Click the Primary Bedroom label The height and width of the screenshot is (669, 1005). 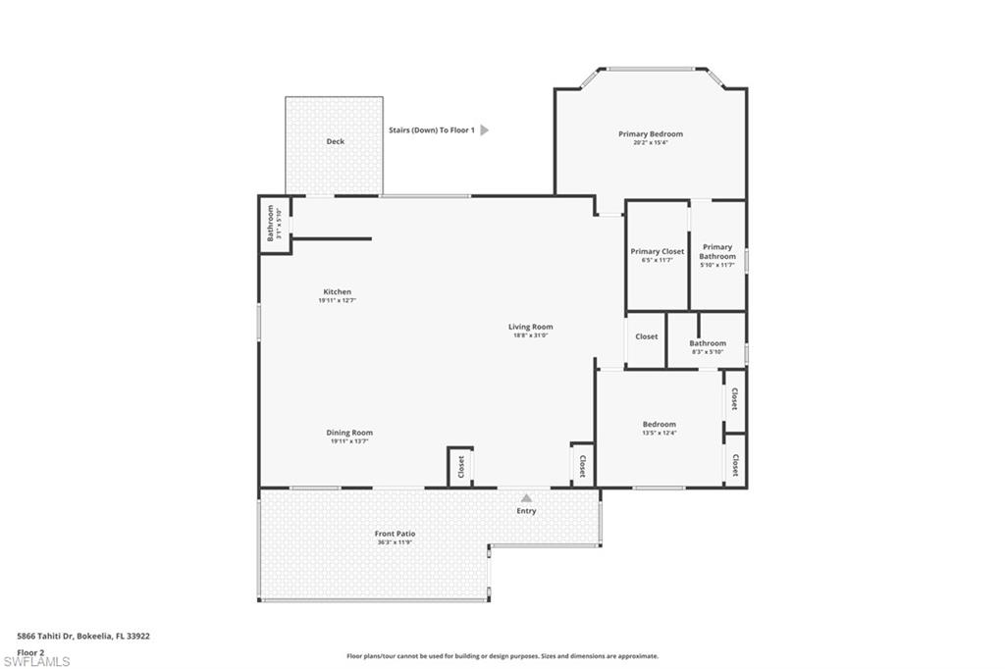click(x=650, y=134)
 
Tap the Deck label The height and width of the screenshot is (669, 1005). click(x=336, y=141)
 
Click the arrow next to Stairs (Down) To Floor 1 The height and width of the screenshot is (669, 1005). click(x=484, y=129)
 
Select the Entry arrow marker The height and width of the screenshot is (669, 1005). click(x=526, y=498)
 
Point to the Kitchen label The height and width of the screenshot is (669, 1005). click(x=337, y=292)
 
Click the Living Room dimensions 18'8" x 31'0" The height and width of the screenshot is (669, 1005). click(x=530, y=335)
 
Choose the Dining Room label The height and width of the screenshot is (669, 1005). click(x=349, y=433)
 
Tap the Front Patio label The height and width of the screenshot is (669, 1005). click(x=395, y=534)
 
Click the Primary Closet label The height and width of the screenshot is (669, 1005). click(x=657, y=252)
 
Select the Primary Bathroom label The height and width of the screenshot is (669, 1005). click(x=716, y=252)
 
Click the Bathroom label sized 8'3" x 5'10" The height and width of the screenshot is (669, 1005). click(x=707, y=343)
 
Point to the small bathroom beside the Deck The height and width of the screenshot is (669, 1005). click(x=275, y=224)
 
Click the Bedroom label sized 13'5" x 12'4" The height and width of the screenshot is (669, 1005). click(x=659, y=425)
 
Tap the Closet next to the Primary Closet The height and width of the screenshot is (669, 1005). click(x=646, y=336)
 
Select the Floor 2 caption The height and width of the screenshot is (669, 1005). click(x=31, y=651)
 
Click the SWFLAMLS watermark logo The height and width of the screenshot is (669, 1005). click(x=36, y=662)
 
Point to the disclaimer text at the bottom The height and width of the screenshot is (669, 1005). click(x=502, y=656)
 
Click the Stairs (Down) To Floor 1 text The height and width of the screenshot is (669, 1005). click(x=431, y=129)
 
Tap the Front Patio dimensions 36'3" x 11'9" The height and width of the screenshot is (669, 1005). click(x=395, y=542)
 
